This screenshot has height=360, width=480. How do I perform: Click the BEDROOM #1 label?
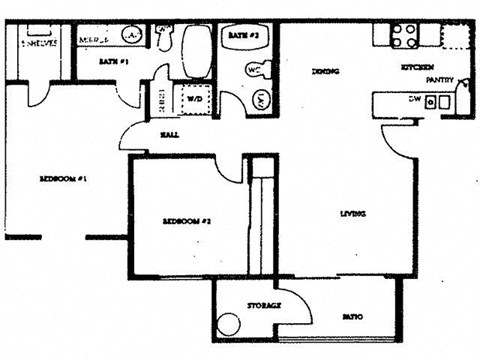point(66,180)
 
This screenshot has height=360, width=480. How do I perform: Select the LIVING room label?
point(351,214)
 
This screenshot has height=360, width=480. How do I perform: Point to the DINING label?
point(323,72)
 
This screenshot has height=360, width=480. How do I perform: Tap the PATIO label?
point(351,317)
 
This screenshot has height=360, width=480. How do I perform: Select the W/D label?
point(191,99)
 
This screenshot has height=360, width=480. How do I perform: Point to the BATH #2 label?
point(243,35)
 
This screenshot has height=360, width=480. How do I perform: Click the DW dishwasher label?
point(412,100)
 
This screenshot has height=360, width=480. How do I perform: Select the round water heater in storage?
point(229,326)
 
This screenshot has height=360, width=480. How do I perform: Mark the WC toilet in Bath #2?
point(253,71)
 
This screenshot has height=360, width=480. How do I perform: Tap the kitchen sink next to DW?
point(436,101)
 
